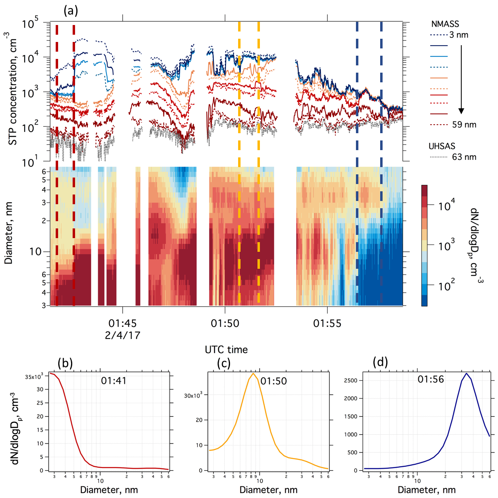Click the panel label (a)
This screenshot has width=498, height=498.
pyautogui.click(x=71, y=10)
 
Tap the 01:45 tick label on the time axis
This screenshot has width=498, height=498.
pyautogui.click(x=122, y=323)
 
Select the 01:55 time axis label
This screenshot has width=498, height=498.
pyautogui.click(x=327, y=323)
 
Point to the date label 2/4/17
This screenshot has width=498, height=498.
pyautogui.click(x=122, y=335)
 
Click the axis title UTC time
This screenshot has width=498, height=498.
pyautogui.click(x=226, y=349)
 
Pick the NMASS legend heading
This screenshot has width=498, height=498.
pyautogui.click(x=445, y=24)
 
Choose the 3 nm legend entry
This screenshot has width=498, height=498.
pyautogui.click(x=459, y=35)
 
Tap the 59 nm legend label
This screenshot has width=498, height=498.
pyautogui.click(x=464, y=125)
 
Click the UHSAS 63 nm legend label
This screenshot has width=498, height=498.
pyautogui.click(x=464, y=157)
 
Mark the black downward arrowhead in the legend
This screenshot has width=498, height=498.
pyautogui.click(x=461, y=111)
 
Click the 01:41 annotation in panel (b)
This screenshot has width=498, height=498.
pyautogui.click(x=113, y=381)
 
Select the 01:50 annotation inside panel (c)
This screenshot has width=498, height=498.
pyautogui.click(x=274, y=381)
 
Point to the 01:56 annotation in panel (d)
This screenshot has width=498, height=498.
pyautogui.click(x=431, y=379)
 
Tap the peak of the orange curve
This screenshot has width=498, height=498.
pyautogui.click(x=253, y=373)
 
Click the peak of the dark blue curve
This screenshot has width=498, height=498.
pyautogui.click(x=466, y=373)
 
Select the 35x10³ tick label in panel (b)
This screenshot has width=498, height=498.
pyautogui.click(x=34, y=377)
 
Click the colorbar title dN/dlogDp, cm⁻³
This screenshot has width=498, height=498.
pyautogui.click(x=476, y=243)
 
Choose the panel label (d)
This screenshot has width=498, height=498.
pyautogui.click(x=380, y=362)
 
